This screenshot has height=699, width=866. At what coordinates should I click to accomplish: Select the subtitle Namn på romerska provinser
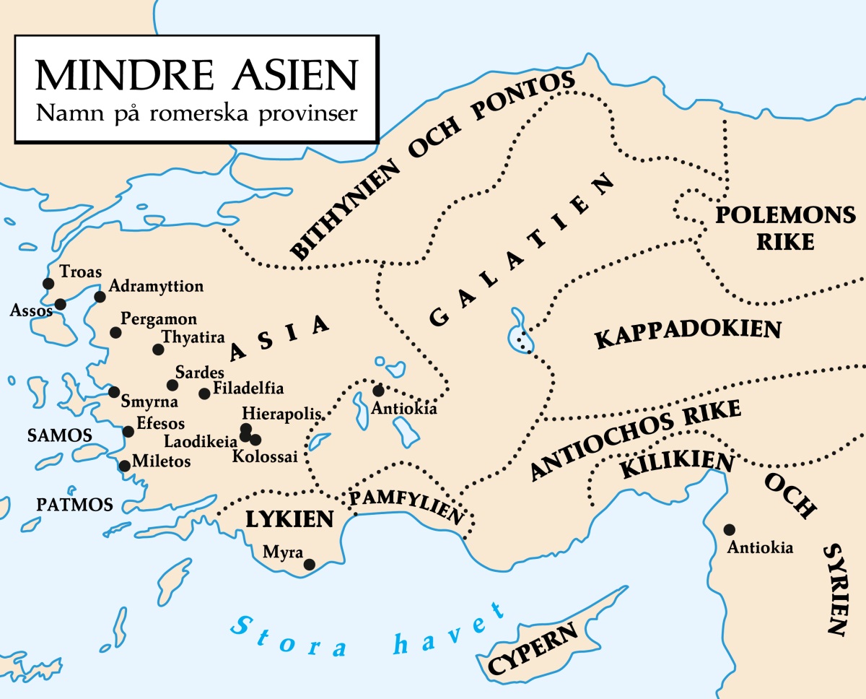[196, 113]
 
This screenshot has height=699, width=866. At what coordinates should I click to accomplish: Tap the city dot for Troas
[48, 283]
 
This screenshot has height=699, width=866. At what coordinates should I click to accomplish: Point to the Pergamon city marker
[115, 332]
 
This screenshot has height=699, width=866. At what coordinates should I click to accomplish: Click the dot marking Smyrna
[114, 392]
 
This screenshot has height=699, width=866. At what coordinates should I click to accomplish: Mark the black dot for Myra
[310, 565]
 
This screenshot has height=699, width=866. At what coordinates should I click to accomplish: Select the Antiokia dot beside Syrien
[730, 529]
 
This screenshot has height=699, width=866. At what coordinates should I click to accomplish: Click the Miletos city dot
[124, 466]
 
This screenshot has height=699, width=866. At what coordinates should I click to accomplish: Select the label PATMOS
[75, 505]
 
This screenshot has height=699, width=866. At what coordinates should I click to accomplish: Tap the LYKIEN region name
[289, 518]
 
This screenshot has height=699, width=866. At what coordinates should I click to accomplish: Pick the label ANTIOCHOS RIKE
[635, 440]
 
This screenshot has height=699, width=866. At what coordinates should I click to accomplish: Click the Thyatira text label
[193, 337]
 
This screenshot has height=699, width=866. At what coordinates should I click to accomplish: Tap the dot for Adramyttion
[100, 297]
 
